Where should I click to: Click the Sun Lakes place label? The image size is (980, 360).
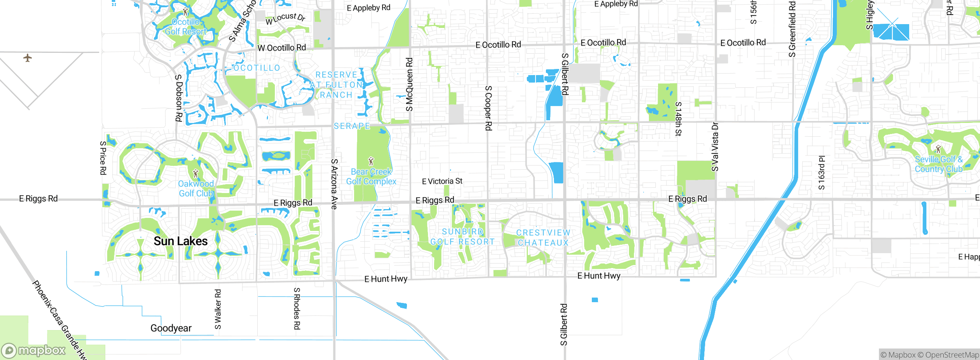(180, 241)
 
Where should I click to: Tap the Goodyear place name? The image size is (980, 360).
(171, 328)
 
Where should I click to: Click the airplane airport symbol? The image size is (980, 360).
(27, 58)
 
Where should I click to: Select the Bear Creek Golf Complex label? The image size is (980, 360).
(371, 177)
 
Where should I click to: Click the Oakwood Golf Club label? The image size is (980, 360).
(196, 188)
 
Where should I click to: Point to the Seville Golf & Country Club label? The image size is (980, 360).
(938, 164)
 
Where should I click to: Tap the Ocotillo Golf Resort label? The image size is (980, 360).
(186, 27)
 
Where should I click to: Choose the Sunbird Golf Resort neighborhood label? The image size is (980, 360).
(462, 237)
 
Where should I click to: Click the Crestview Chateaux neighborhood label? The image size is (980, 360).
(543, 237)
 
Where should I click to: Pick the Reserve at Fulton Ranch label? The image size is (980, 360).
(336, 85)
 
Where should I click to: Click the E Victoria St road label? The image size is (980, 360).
(442, 181)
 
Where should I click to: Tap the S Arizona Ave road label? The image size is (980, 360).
(334, 184)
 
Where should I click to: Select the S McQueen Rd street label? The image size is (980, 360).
(409, 84)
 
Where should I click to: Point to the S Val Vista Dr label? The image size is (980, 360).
(715, 147)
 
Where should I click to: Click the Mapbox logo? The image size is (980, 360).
(34, 350)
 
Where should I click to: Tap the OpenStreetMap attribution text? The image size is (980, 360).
(952, 355)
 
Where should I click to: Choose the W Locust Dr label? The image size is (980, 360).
(286, 18)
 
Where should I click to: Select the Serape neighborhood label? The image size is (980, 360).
(352, 126)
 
